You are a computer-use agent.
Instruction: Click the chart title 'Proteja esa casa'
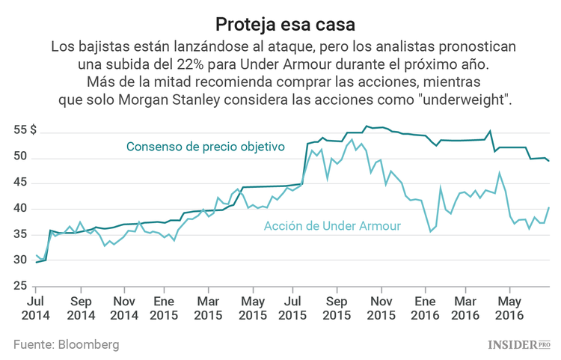pyautogui.click(x=280, y=24)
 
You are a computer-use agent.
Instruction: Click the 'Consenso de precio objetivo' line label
pyautogui.click(x=206, y=147)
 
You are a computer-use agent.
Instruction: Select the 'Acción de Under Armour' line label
pyautogui.click(x=332, y=226)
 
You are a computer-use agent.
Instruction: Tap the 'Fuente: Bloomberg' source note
pyautogui.click(x=66, y=344)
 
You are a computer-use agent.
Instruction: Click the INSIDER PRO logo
pyautogui.click(x=518, y=344)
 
